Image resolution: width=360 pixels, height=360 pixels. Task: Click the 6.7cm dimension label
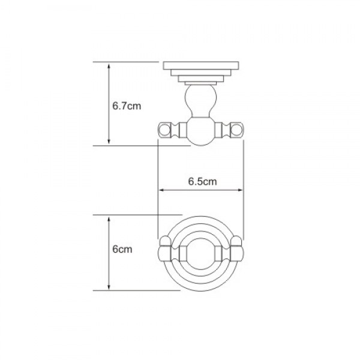click(126, 106)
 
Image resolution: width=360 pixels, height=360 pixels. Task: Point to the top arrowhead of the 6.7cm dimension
click(109, 65)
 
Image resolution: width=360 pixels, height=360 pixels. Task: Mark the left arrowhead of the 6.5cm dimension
click(161, 191)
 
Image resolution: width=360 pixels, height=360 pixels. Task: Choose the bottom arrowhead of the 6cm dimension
click(109, 287)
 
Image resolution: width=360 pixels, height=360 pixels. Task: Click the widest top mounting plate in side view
click(200, 65)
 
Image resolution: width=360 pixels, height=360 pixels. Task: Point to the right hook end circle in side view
click(238, 129)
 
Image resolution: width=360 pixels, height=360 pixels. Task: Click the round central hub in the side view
click(200, 130)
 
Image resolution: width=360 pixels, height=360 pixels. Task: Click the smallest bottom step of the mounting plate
click(200, 82)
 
